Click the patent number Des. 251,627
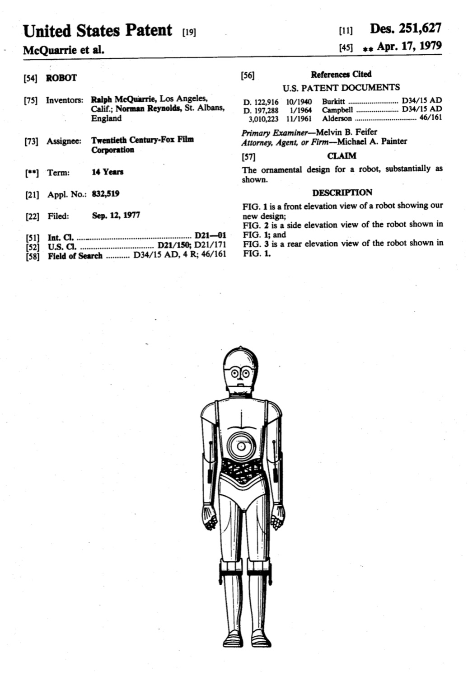(405, 28)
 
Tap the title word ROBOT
(61, 78)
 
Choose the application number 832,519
(106, 194)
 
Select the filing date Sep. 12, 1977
(116, 216)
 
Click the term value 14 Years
(108, 172)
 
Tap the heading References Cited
(341, 75)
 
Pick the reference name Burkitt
(333, 101)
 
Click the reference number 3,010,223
(264, 119)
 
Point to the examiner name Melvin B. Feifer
(346, 132)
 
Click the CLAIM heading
(342, 156)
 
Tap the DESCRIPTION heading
(342, 192)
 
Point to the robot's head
(240, 371)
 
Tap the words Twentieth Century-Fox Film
(142, 140)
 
